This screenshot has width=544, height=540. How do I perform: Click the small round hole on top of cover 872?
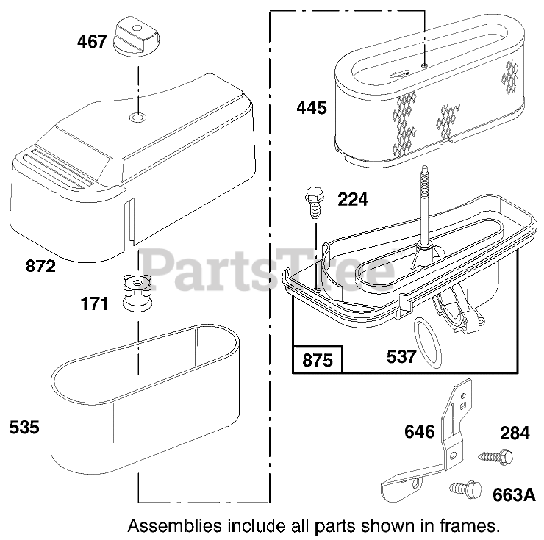tap(137, 118)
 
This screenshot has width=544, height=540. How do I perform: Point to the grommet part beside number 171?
tap(135, 293)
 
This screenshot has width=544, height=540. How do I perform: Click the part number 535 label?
tap(25, 427)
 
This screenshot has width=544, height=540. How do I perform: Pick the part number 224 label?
tap(353, 199)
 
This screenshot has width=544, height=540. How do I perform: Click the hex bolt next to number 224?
tap(312, 200)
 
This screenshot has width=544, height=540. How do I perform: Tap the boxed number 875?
tap(318, 361)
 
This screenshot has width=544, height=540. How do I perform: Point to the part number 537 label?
tap(401, 357)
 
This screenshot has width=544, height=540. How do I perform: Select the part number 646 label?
tap(419, 432)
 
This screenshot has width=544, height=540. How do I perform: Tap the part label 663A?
tap(513, 494)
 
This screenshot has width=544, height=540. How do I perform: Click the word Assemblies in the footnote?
tap(173, 526)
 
